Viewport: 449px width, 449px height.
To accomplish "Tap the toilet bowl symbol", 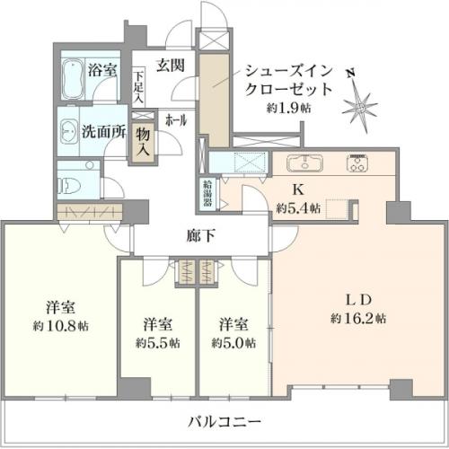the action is (x=70, y=186).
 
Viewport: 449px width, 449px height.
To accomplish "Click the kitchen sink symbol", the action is (x=305, y=163).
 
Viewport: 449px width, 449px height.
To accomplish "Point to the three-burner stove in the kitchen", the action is (x=357, y=163).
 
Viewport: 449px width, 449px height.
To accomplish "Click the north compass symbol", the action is (x=359, y=102).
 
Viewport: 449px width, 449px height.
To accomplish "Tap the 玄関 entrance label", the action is (x=171, y=66).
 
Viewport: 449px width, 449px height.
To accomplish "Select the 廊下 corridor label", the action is (x=200, y=236).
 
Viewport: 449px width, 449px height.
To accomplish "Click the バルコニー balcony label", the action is (x=224, y=422).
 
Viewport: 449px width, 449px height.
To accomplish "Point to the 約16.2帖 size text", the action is (x=358, y=318).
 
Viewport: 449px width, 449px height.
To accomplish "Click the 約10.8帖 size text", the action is (x=61, y=326).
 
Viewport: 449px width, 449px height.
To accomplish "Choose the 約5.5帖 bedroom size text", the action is (x=158, y=343).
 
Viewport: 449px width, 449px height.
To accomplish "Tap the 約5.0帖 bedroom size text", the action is (x=233, y=343).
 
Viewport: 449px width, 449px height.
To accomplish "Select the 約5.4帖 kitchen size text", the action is (x=298, y=208).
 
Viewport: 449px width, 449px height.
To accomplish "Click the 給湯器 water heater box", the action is (x=207, y=195).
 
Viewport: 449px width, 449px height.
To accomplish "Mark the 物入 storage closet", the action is (x=143, y=142).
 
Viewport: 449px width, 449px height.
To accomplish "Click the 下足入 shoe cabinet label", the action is (x=138, y=87).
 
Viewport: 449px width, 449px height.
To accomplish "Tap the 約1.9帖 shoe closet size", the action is (x=289, y=108).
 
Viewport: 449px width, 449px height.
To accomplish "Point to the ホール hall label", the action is (x=176, y=120).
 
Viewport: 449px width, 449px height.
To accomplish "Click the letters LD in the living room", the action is (x=359, y=300).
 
